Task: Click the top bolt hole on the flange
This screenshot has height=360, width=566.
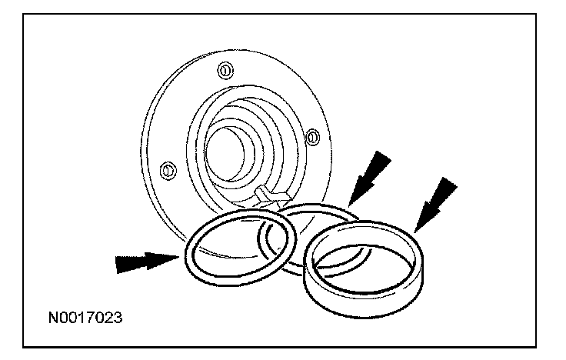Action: click(224, 71)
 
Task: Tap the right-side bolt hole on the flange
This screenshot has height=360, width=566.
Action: click(313, 137)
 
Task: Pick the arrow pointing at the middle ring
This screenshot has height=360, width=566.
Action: click(370, 174)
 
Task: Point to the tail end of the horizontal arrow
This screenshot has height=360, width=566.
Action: click(116, 265)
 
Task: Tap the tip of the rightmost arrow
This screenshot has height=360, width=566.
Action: click(415, 230)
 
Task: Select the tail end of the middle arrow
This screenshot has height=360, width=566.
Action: click(388, 154)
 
